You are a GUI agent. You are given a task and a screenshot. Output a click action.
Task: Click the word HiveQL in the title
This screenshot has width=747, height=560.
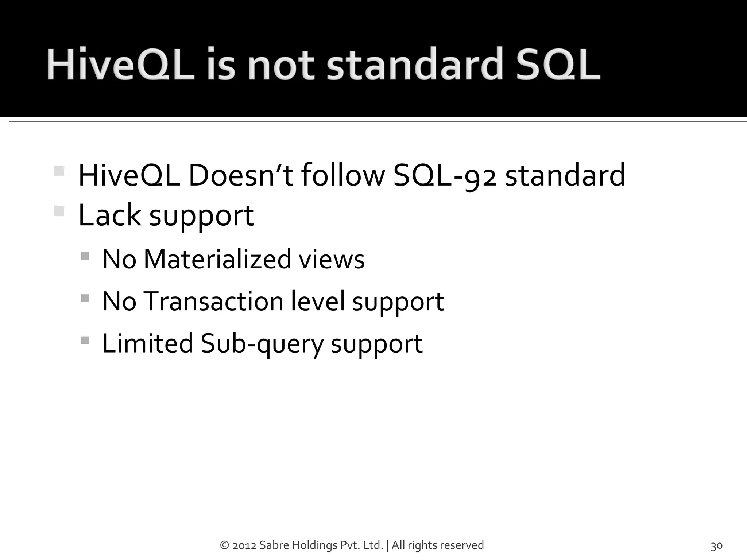pos(120,66)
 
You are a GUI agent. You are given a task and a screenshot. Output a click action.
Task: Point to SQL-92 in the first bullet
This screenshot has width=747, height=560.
pos(445,176)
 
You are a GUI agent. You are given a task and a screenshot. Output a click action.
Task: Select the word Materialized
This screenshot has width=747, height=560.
pos(217,259)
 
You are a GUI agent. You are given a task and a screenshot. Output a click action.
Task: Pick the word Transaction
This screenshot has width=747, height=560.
pos(213,302)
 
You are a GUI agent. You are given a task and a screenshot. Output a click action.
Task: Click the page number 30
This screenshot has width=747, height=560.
pos(717,546)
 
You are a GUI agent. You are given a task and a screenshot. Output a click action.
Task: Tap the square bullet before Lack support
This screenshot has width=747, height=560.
pos(59,211)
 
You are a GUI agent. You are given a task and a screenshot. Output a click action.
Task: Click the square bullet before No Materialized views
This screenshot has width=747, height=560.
pos(85,256)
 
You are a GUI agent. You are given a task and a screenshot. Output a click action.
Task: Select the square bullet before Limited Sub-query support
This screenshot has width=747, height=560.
pos(85,341)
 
